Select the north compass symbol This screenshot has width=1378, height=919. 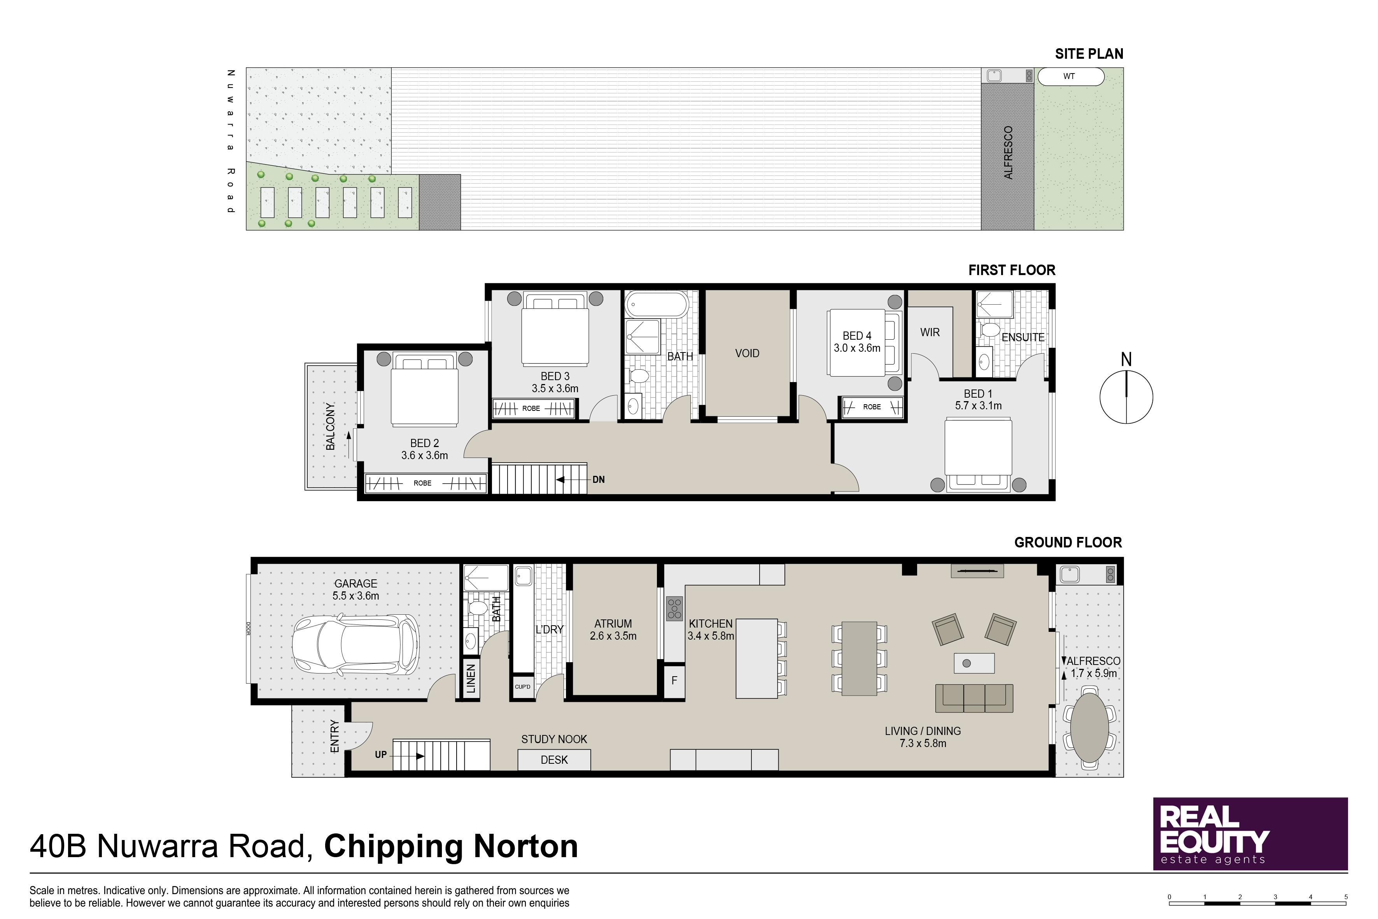tap(1126, 391)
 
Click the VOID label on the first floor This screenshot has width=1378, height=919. tap(747, 353)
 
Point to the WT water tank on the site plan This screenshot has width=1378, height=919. tap(1070, 76)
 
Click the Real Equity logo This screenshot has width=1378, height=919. tap(1250, 833)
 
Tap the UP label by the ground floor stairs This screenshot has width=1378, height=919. tap(381, 755)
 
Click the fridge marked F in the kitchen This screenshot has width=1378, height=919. tap(674, 680)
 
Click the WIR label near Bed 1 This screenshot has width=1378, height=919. tap(930, 332)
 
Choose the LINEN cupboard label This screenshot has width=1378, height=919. tap(471, 679)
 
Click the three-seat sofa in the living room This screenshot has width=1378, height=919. tap(974, 698)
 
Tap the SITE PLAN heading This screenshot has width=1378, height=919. tap(1089, 54)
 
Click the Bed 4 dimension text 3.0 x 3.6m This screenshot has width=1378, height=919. tap(857, 348)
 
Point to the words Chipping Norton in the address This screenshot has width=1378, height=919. tap(451, 846)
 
